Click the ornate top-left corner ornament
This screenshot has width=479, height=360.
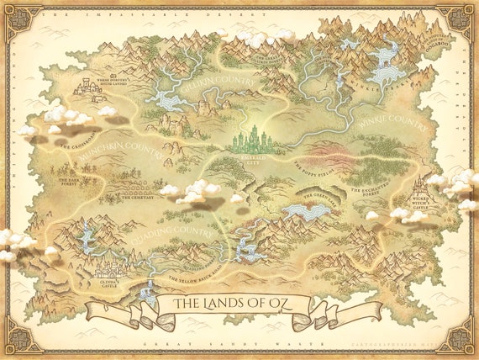coord(19,19)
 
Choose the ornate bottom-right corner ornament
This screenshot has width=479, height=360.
coord(460,340)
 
